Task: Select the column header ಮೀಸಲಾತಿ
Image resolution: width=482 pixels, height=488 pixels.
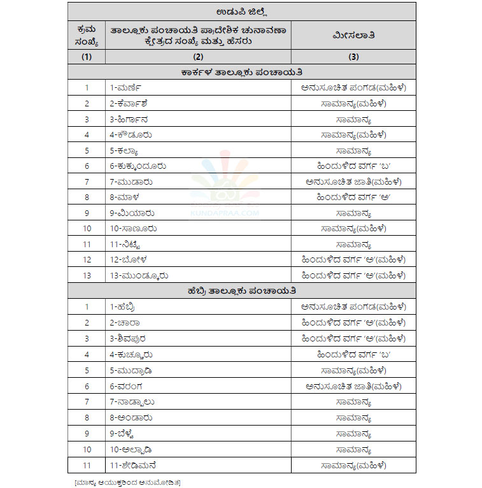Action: [353, 35]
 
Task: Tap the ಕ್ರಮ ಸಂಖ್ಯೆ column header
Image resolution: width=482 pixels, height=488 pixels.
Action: [87, 35]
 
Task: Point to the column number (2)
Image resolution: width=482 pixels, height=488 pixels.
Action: [197, 57]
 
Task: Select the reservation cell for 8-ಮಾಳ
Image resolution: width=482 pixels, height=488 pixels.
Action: [353, 197]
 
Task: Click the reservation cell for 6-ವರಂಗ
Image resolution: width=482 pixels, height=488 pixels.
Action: [353, 385]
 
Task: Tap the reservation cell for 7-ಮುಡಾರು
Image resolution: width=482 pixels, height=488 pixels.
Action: [353, 182]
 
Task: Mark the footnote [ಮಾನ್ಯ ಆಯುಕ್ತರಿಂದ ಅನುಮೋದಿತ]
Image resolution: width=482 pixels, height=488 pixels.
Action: [127, 480]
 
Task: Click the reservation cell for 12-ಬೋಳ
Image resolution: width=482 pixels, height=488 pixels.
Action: [353, 260]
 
